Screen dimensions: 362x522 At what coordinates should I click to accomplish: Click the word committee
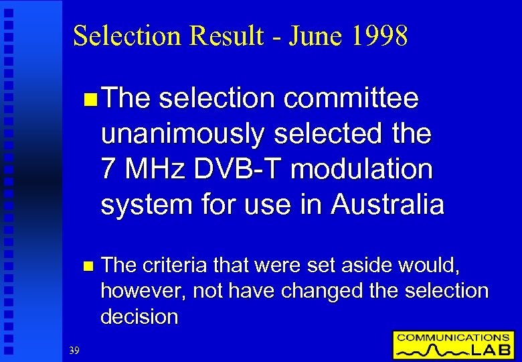(x=351, y=99)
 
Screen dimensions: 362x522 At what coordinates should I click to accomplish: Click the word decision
(x=139, y=316)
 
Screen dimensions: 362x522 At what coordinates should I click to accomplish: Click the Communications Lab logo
(x=452, y=345)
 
